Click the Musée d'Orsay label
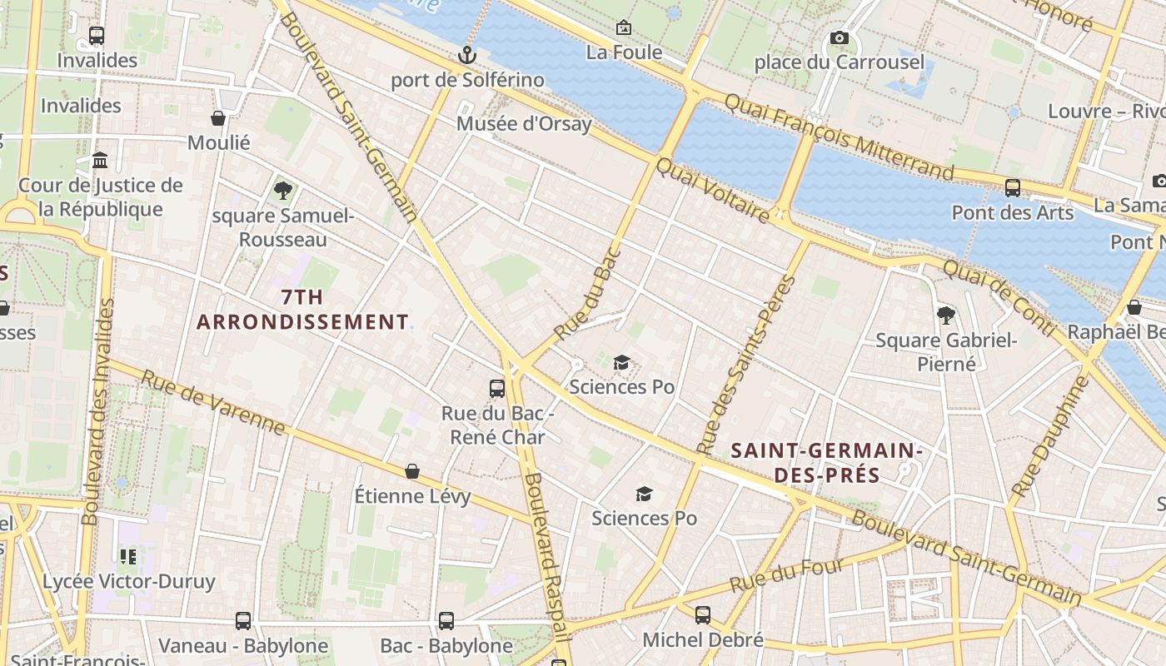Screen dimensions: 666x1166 [x=524, y=124]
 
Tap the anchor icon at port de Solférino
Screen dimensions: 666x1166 [x=468, y=55]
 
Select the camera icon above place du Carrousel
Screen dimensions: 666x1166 [x=840, y=38]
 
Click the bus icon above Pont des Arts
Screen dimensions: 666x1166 [x=1013, y=188]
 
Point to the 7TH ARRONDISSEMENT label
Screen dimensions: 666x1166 [x=302, y=310]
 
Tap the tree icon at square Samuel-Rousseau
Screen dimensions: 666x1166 [x=282, y=191]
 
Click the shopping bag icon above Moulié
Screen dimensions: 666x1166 [x=218, y=118]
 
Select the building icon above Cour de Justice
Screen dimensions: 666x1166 [x=100, y=160]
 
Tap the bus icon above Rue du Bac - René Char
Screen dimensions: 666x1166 [x=497, y=388]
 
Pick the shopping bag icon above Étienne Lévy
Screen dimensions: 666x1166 [x=412, y=472]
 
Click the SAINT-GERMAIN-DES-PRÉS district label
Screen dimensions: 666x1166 [x=825, y=463]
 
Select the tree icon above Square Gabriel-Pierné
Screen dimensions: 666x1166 [x=945, y=316]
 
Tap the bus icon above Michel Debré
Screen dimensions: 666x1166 [x=703, y=615]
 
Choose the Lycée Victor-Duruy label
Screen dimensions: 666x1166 [x=128, y=581]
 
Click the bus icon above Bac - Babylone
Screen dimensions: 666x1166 [x=446, y=621]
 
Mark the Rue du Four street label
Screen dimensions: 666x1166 [x=787, y=575]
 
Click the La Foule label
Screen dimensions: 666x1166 [x=624, y=52]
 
